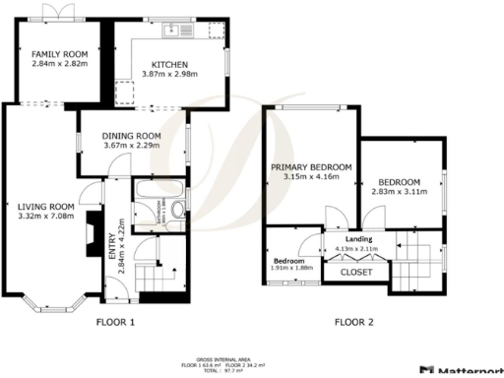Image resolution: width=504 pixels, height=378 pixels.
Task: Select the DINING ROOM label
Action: (132, 136)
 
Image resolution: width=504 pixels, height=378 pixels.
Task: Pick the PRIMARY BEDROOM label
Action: (311, 168)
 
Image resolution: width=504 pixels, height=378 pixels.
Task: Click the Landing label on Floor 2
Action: (356, 239)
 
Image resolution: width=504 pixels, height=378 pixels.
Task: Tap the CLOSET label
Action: (355, 272)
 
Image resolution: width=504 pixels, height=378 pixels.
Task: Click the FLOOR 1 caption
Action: (115, 322)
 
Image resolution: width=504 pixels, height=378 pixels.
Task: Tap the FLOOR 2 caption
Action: (354, 322)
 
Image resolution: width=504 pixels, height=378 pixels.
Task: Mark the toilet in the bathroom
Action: (176, 210)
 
